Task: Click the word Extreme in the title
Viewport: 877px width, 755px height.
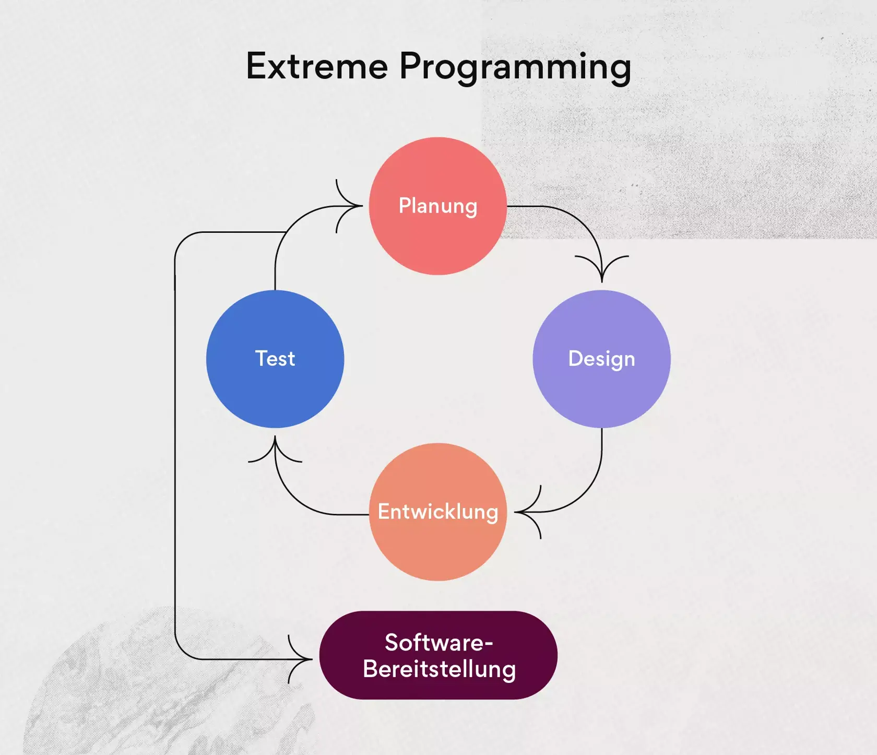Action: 317,66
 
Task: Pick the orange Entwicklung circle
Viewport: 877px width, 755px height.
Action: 437,548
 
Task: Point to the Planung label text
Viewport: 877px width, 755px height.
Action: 437,206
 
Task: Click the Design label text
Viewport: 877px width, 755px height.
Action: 601,359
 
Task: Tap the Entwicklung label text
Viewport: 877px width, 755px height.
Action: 437,512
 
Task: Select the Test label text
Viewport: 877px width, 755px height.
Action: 275,359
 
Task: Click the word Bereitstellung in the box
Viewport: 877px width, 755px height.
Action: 439,669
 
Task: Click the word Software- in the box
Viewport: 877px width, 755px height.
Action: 438,642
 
